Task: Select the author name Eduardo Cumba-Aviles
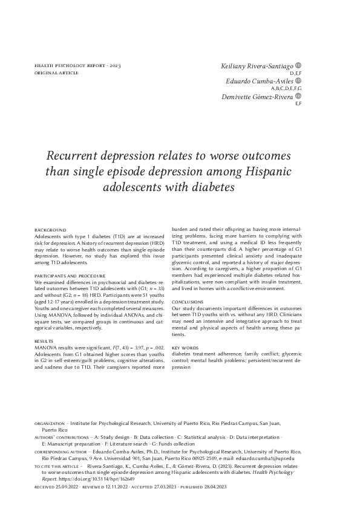coord(260,80)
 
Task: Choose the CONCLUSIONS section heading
coord(188,301)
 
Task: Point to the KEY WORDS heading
coord(185,348)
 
